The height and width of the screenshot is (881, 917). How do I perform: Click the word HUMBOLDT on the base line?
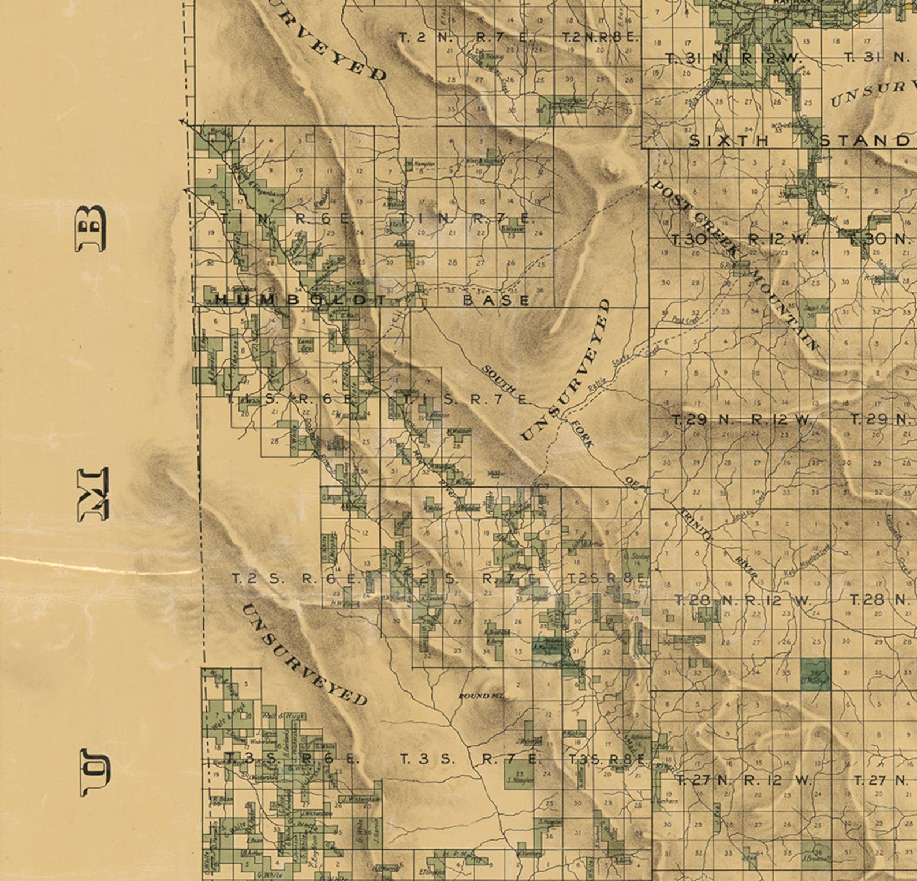(300, 300)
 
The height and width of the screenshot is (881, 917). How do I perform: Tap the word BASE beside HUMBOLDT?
(496, 300)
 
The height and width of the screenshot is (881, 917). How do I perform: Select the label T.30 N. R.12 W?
(740, 239)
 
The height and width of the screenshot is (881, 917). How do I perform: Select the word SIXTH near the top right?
(729, 140)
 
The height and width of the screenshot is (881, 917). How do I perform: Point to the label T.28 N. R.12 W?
(743, 601)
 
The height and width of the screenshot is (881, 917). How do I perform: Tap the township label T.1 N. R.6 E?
(286, 219)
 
